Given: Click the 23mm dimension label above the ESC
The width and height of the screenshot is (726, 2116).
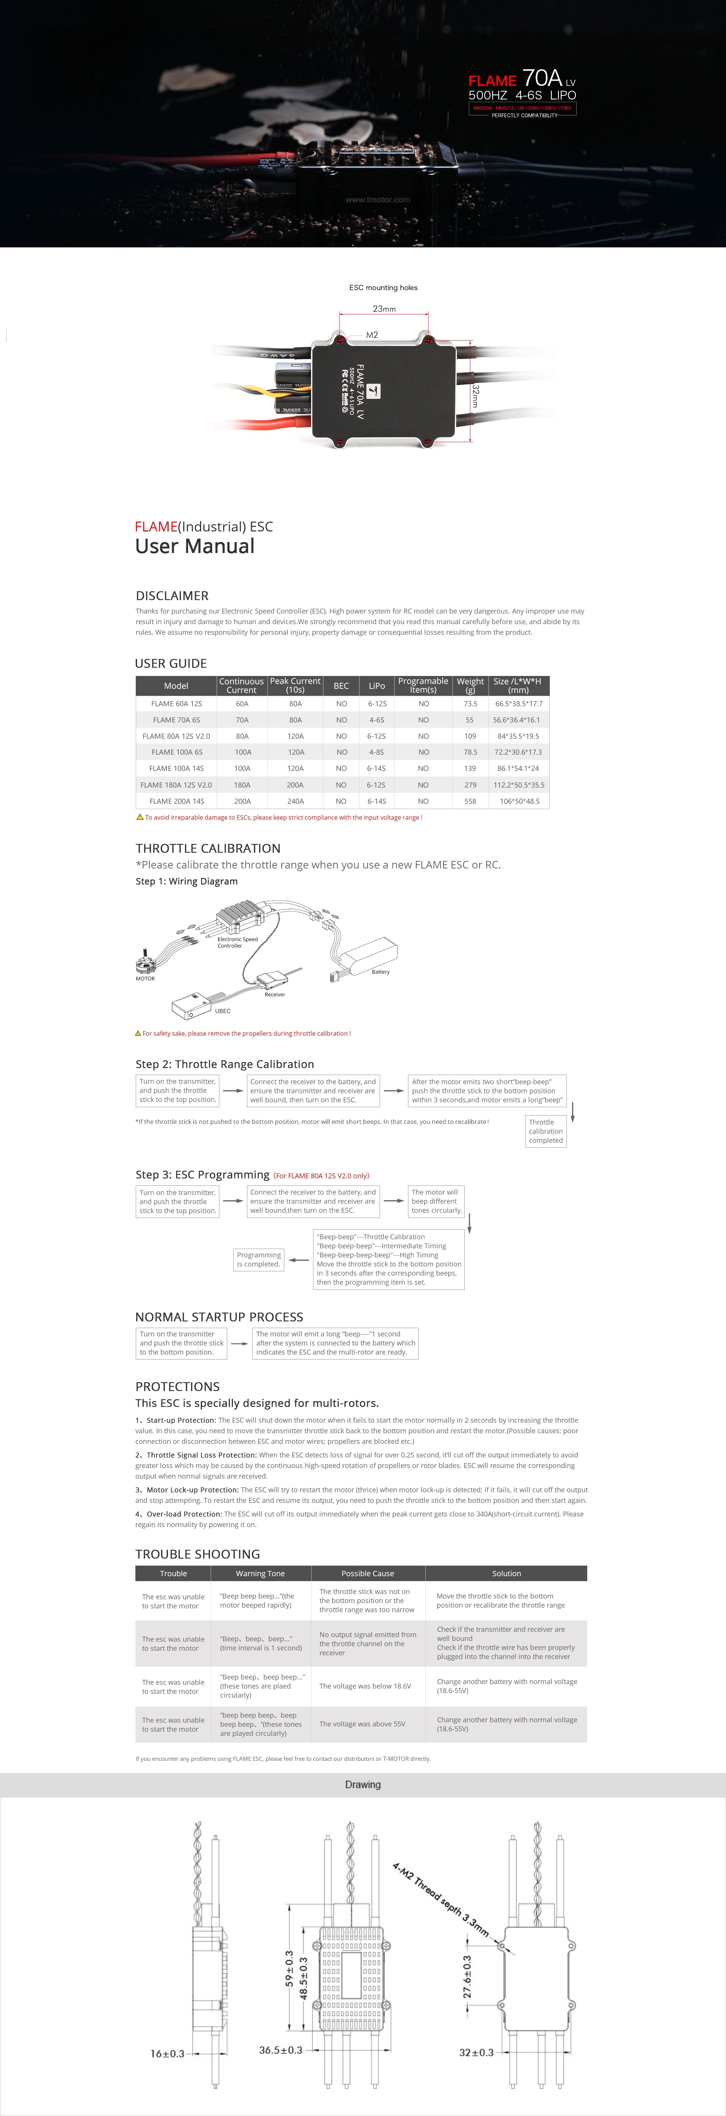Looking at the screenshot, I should point(383,309).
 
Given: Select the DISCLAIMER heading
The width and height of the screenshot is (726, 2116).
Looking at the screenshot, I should point(172,595).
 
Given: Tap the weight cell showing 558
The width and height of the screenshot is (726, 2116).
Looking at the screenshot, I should point(470,801).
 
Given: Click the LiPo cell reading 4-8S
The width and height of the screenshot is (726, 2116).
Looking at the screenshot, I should point(376,752).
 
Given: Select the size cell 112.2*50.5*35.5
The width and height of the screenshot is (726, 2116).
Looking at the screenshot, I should point(518,785).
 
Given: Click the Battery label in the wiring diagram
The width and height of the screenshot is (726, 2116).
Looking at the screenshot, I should point(380,972).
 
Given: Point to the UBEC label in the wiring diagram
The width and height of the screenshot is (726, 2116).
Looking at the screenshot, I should point(223,1011).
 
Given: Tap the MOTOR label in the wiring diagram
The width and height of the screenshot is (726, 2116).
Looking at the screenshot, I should point(145,978).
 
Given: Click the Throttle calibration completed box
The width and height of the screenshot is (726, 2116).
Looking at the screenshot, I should point(545,1131).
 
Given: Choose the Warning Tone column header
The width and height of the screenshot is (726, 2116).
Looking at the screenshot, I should point(261,1574).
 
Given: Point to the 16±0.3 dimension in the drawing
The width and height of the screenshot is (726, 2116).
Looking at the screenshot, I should point(168,2054).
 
